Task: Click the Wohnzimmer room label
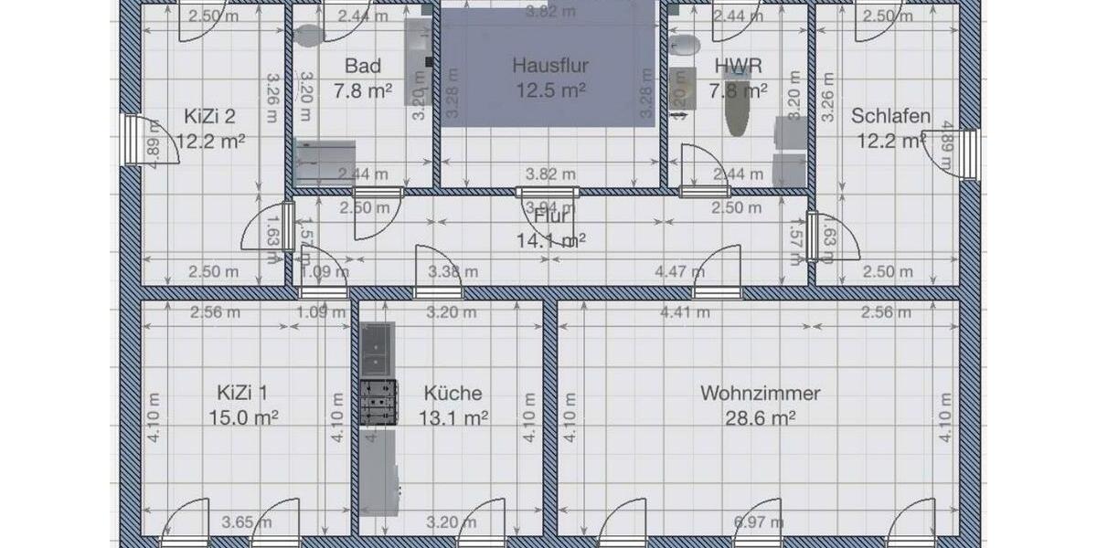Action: click(760, 394)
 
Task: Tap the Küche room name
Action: click(453, 394)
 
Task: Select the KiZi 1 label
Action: click(242, 394)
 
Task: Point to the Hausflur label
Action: click(549, 66)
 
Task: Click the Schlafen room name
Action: click(890, 116)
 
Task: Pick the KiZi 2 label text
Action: click(210, 116)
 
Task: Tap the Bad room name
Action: click(363, 66)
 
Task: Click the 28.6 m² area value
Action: click(760, 418)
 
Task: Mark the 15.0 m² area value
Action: click(242, 418)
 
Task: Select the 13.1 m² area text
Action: click(453, 418)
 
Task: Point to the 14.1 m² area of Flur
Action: click(550, 241)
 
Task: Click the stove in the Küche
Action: click(379, 403)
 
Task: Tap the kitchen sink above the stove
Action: click(377, 341)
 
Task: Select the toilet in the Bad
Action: click(310, 35)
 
